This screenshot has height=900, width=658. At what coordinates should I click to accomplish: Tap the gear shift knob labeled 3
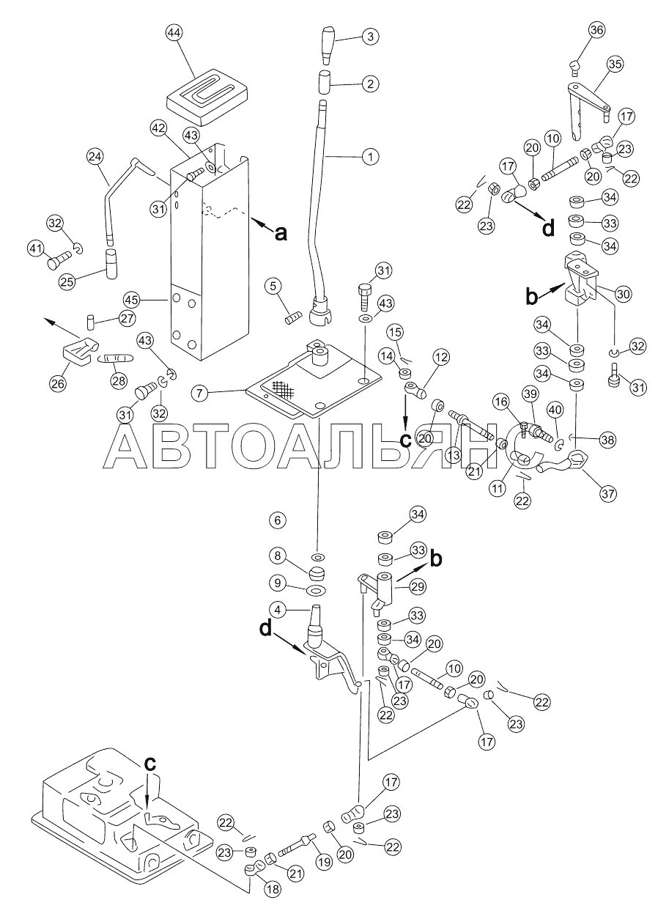328,44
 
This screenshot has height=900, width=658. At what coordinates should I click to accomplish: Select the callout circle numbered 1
370,156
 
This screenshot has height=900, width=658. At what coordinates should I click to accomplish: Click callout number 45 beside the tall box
132,299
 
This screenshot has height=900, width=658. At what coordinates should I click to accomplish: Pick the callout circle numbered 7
200,393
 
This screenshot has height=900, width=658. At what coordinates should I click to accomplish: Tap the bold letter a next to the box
281,232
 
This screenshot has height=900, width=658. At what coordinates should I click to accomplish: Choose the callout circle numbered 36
597,30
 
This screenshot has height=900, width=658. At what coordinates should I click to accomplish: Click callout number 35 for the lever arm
615,64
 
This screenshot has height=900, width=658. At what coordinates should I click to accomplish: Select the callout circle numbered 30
623,295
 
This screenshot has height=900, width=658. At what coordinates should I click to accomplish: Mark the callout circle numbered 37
607,493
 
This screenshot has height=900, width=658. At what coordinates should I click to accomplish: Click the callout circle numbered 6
278,520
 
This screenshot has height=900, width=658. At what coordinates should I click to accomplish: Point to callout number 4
278,610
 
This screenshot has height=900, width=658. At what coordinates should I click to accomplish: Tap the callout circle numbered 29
418,586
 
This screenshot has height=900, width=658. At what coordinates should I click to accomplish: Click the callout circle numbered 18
273,889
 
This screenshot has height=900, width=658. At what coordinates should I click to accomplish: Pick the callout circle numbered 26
57,384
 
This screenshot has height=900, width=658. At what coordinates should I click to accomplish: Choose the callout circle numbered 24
95,157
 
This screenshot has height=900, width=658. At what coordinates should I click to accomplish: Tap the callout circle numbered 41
36,249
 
